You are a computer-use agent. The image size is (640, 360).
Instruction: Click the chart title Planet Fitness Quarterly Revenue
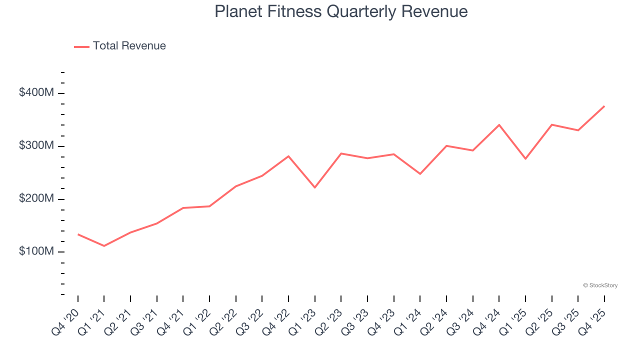(341, 11)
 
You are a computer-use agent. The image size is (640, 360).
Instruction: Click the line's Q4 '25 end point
(604, 106)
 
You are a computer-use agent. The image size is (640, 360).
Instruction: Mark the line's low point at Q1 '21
(104, 246)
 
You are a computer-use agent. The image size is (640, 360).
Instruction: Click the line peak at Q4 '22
(288, 156)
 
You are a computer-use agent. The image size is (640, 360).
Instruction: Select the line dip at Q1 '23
(314, 187)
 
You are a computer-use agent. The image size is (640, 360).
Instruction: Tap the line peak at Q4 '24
(499, 125)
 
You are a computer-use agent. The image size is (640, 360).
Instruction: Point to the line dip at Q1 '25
(525, 158)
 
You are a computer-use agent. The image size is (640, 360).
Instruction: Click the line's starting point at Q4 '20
(78, 234)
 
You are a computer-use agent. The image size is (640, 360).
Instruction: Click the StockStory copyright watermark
(600, 285)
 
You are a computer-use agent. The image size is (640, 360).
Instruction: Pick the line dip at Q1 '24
(420, 173)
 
